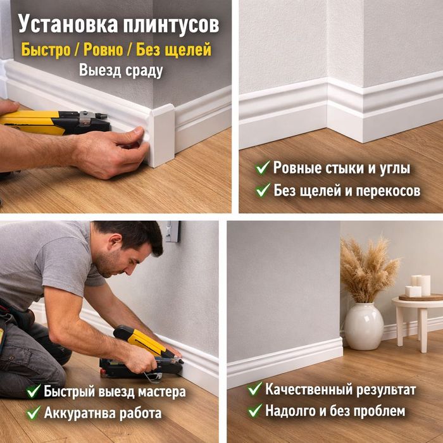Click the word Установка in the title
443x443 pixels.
click(60, 24)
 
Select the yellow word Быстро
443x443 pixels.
click(45, 49)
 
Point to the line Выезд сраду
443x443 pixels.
click(120, 70)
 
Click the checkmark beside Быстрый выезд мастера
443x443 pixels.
click(34, 391)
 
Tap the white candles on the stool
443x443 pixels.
click(418, 286)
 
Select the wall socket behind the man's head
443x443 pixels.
click(173, 232)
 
